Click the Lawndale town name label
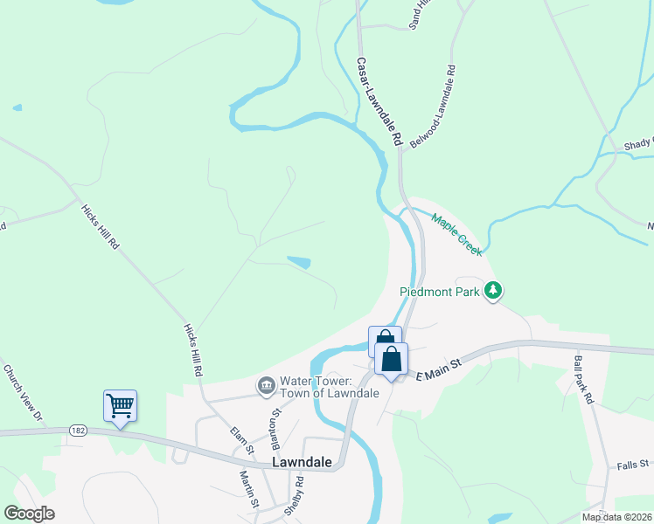tap(302, 462)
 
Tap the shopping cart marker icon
tap(120, 405)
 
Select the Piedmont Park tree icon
tap(494, 291)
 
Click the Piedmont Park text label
tap(440, 292)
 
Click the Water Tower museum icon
tap(265, 385)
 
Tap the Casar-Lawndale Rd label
tap(378, 101)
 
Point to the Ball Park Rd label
tap(584, 378)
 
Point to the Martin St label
tap(249, 488)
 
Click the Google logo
tap(29, 514)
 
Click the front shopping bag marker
tap(392, 358)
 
